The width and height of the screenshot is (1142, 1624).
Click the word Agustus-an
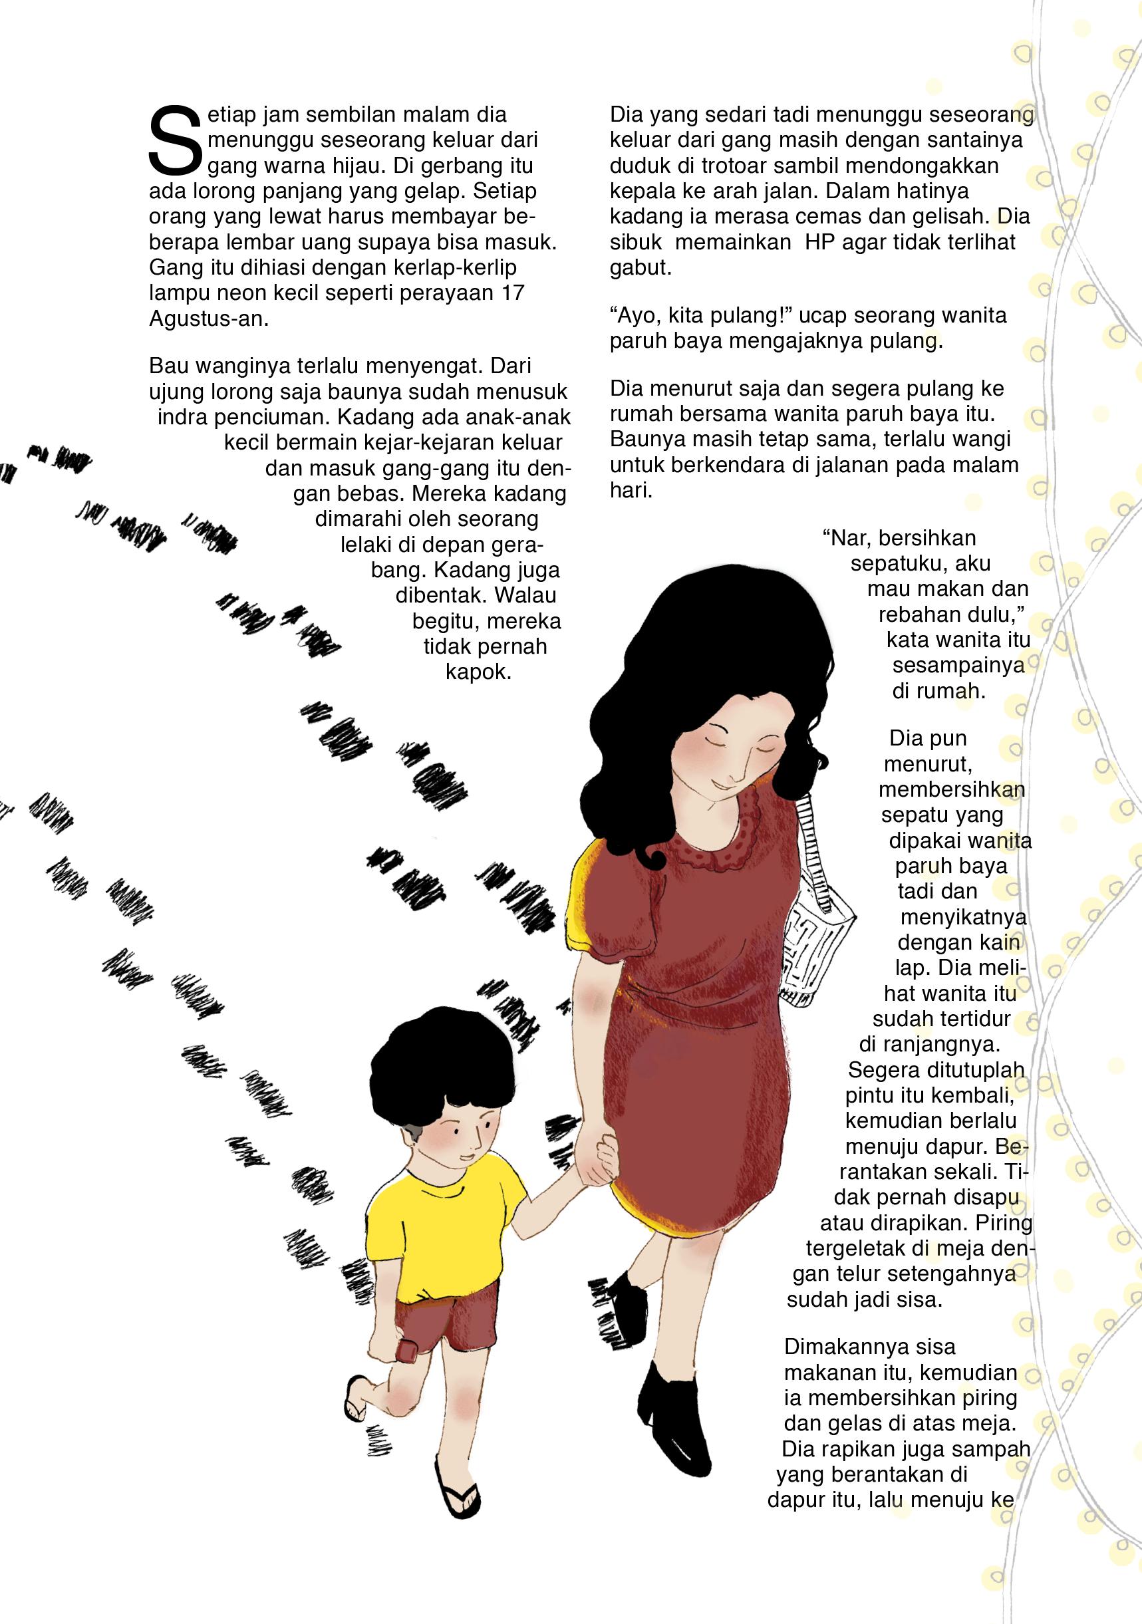[x=209, y=319]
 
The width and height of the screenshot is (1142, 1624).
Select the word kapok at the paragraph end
[x=478, y=671]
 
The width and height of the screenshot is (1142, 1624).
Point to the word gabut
[x=641, y=268]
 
